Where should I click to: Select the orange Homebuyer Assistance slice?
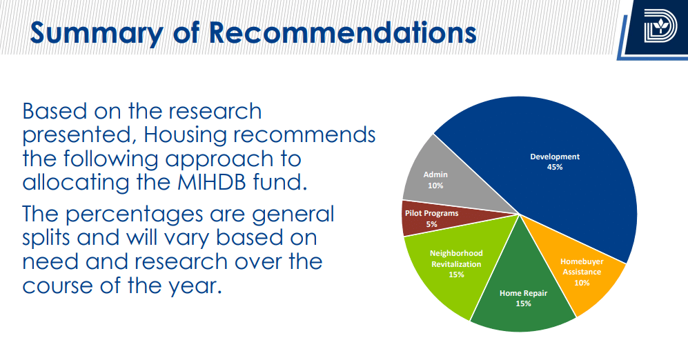[x=579, y=272]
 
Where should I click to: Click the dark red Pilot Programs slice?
[x=439, y=218]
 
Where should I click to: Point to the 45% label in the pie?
[x=555, y=167]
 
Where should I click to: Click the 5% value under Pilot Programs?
[x=431, y=224]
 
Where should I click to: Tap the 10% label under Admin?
[x=435, y=186]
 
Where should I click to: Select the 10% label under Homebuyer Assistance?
[x=582, y=283]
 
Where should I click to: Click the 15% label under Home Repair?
[x=523, y=303]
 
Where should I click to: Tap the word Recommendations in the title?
[x=342, y=32]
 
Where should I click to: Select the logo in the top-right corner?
[x=660, y=26]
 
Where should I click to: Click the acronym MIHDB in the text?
[x=211, y=182]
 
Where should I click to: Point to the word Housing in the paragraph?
[x=184, y=135]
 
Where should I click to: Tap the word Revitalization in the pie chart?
[x=456, y=264]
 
